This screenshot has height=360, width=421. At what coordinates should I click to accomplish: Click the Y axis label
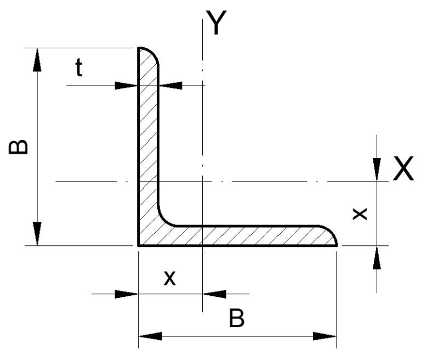[x=217, y=22]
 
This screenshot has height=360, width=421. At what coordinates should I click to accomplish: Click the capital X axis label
[x=403, y=168]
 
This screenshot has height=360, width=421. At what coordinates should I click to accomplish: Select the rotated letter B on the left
[x=18, y=147]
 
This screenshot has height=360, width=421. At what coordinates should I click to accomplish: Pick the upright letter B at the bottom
[x=237, y=318]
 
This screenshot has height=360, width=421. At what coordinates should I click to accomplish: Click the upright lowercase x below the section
[x=170, y=278]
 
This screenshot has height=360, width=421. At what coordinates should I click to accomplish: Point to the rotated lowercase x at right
[x=360, y=214]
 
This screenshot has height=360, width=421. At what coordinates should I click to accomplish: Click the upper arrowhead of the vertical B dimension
[x=37, y=60]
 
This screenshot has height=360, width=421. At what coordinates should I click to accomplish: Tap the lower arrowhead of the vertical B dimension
[x=37, y=234]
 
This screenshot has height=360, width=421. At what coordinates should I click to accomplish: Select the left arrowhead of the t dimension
[x=126, y=86]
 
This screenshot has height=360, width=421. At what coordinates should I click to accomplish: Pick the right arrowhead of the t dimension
[x=170, y=86]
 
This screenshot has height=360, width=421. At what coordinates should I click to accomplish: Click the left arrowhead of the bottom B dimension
[x=150, y=336]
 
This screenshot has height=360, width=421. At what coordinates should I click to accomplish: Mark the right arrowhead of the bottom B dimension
[x=325, y=336]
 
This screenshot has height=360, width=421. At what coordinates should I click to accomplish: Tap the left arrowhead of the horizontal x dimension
[x=126, y=294]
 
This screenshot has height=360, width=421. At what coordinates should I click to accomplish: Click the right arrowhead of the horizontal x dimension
[x=214, y=294]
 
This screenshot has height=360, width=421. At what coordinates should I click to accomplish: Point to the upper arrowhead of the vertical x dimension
[x=377, y=170]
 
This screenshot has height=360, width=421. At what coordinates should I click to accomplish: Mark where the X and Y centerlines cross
[x=202, y=182]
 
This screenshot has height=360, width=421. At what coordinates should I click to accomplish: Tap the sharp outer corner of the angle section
[x=139, y=245]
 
